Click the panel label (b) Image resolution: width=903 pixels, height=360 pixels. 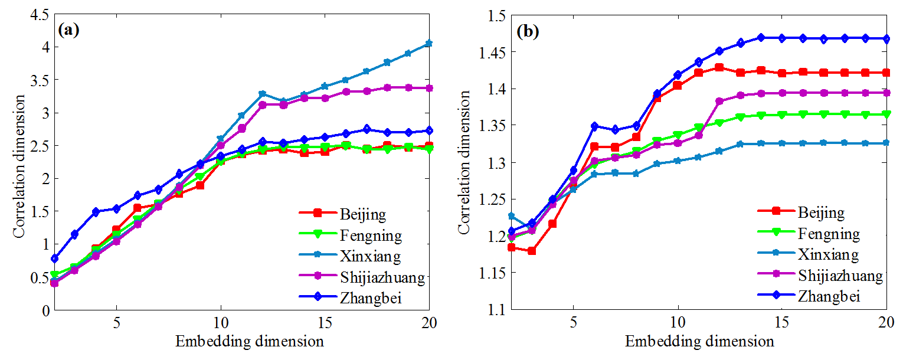pos(527,32)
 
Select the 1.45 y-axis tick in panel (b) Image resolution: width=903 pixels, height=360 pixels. pos(493,52)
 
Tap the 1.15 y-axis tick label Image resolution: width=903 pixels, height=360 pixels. pos(493,273)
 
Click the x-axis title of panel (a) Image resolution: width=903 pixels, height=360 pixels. pos(241,342)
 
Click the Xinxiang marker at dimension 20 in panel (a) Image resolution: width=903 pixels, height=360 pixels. pos(429,44)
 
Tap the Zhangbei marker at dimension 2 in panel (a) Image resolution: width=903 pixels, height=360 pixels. pos(54,258)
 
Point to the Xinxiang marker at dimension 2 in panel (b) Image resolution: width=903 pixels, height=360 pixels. pos(512,216)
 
